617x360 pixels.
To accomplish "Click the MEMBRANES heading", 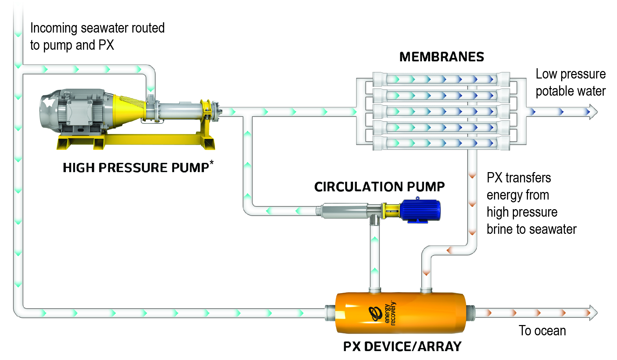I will pos(441,57).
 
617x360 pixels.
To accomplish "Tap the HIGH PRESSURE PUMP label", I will pos(136,168).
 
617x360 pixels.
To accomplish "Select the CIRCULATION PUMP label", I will pos(379,187).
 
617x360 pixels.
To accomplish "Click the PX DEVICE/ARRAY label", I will pos(402,347).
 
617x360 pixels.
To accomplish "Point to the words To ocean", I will pos(542,331).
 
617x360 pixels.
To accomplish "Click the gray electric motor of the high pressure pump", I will pos(75,110).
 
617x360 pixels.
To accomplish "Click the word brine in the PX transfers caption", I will pos(499,229).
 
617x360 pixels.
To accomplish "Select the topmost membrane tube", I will pos(441,79).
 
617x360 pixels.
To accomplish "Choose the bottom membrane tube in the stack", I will pos(441,143).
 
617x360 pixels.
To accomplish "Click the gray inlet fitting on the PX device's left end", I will pos(330,313).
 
